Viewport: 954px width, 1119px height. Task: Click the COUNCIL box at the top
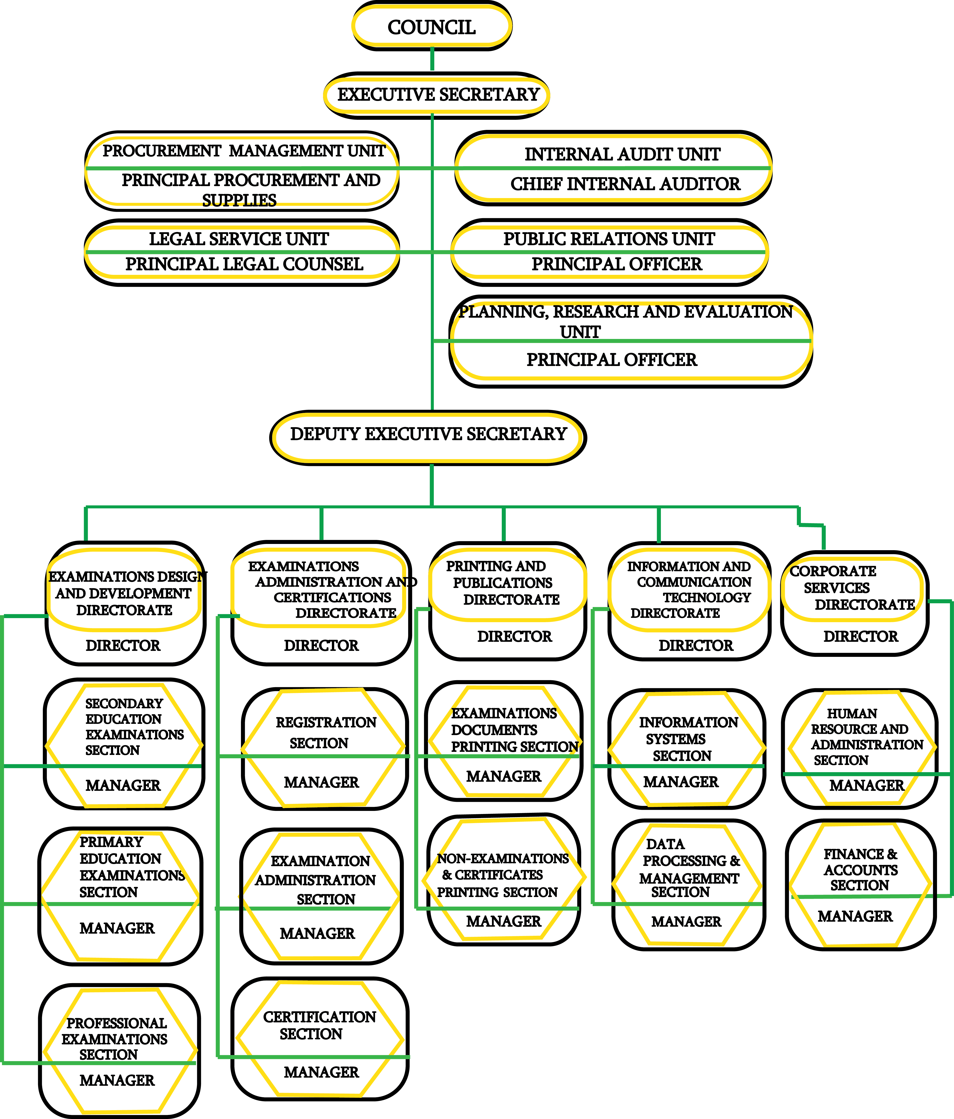click(432, 26)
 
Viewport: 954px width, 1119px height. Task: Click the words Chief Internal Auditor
click(625, 184)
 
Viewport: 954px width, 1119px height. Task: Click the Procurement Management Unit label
click(244, 151)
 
